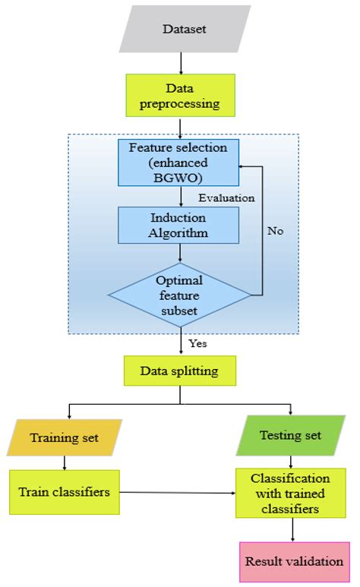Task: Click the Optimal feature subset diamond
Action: pyautogui.click(x=180, y=294)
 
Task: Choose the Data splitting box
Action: pyautogui.click(x=180, y=371)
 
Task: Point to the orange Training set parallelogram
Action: pyautogui.click(x=65, y=437)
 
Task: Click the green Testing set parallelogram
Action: pyautogui.click(x=290, y=435)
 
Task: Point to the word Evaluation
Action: pyautogui.click(x=226, y=197)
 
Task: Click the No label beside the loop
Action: pyautogui.click(x=276, y=231)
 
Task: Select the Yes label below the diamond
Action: pyautogui.click(x=198, y=343)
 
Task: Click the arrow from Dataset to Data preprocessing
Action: pyautogui.click(x=180, y=63)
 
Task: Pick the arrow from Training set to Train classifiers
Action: pyautogui.click(x=65, y=462)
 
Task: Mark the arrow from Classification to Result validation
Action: pyautogui.click(x=291, y=530)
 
